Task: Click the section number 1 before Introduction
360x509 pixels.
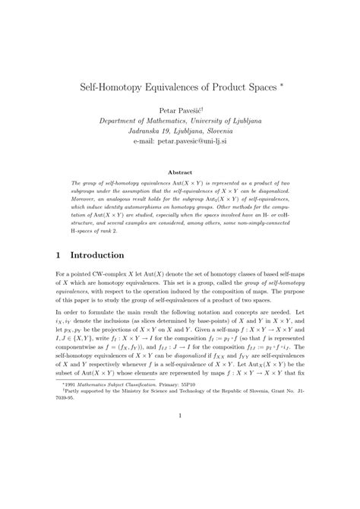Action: coord(61,255)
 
